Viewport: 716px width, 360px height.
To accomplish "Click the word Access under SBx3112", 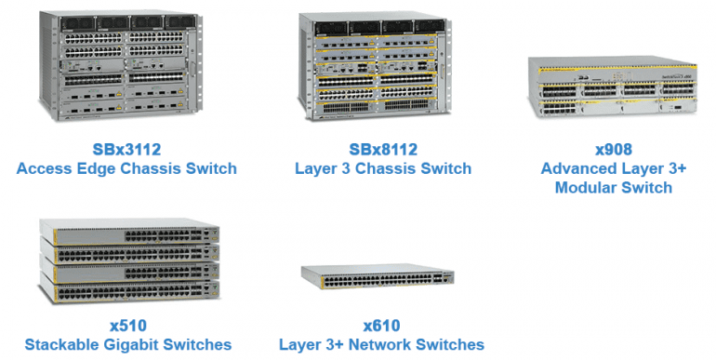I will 47,169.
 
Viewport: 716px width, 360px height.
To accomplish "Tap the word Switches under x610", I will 451,344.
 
